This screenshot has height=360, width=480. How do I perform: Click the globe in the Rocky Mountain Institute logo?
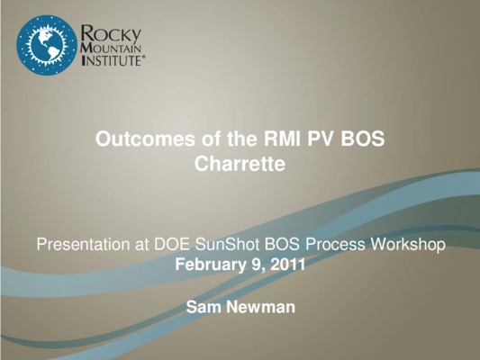click(47, 45)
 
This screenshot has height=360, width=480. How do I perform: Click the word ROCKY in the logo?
click(111, 34)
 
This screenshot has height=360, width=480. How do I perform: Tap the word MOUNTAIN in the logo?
click(112, 49)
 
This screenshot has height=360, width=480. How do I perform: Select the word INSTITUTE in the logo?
click(111, 60)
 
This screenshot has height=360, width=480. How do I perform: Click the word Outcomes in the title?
click(145, 139)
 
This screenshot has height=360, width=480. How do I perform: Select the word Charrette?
click(240, 164)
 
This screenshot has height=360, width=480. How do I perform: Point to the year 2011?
click(288, 265)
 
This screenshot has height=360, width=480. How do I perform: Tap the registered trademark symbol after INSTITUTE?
click(142, 57)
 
